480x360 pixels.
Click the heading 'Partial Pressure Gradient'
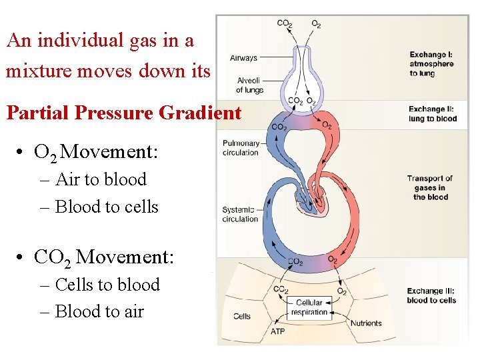click(x=123, y=113)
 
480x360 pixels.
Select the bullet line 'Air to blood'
click(x=101, y=179)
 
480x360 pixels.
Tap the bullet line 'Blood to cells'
click(x=107, y=207)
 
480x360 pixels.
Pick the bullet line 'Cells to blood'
click(x=107, y=285)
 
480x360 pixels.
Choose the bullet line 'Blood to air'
click(x=99, y=311)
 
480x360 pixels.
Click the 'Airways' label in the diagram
click(x=243, y=58)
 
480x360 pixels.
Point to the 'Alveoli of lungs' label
click(x=249, y=85)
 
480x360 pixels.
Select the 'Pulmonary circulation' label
click(x=241, y=147)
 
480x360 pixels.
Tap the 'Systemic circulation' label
click(x=240, y=214)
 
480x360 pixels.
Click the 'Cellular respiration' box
click(x=309, y=307)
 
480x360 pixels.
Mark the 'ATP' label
click(x=278, y=331)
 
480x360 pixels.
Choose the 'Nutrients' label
click(x=366, y=323)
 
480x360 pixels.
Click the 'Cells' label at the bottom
click(x=241, y=316)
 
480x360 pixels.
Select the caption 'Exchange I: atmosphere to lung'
click(x=431, y=64)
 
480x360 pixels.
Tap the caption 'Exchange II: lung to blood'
click(x=433, y=113)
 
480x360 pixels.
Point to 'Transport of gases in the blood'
click(x=429, y=187)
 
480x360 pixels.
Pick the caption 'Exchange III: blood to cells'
click(x=431, y=295)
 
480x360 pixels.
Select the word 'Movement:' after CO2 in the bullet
click(x=125, y=257)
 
